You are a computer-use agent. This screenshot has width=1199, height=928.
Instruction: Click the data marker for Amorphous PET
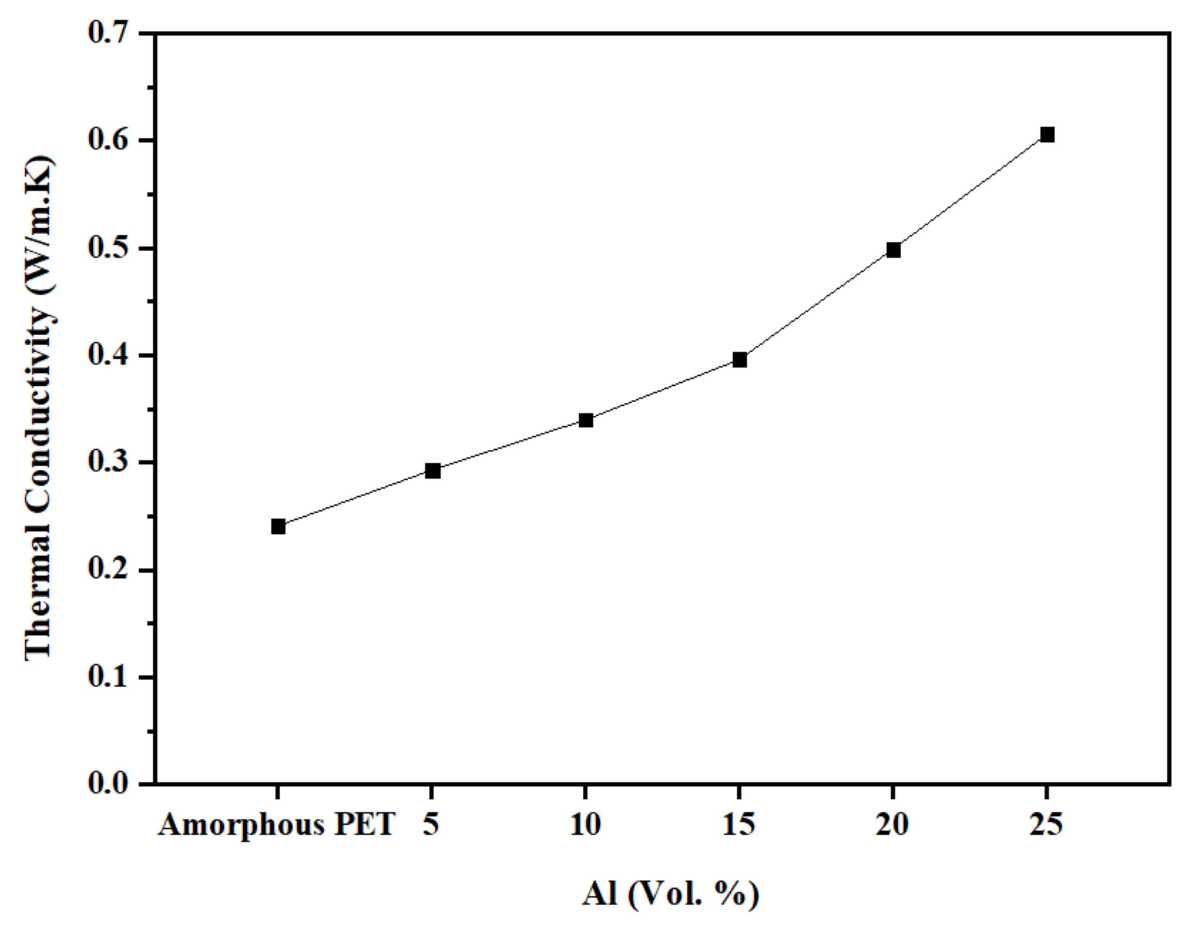(x=278, y=526)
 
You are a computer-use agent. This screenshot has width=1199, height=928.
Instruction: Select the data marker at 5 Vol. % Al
(x=433, y=470)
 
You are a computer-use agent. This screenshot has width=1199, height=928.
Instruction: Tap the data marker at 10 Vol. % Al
(x=586, y=420)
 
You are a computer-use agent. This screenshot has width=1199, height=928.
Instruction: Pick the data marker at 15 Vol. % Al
(x=739, y=360)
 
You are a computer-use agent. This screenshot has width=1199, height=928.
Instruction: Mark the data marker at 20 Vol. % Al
(x=893, y=250)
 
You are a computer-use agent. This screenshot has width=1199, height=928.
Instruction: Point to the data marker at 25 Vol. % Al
(x=1047, y=135)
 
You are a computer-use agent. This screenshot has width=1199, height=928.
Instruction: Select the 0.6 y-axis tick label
(x=108, y=140)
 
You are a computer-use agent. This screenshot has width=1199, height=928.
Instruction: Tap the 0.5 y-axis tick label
(x=108, y=248)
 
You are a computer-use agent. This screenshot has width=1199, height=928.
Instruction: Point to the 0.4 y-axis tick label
(x=108, y=356)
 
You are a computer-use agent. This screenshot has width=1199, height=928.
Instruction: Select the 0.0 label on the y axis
(x=108, y=784)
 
